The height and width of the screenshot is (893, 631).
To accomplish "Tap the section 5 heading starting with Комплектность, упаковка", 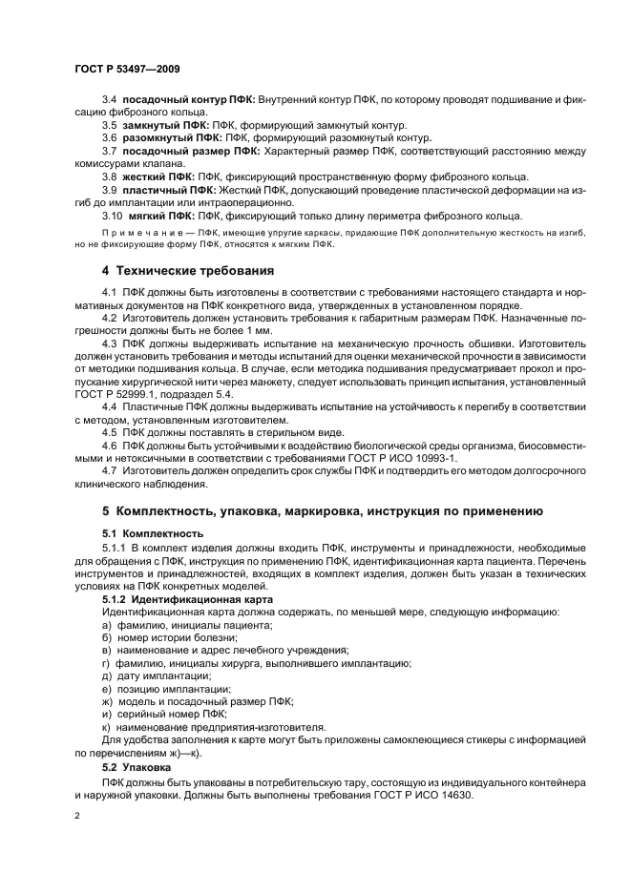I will coord(315,511).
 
